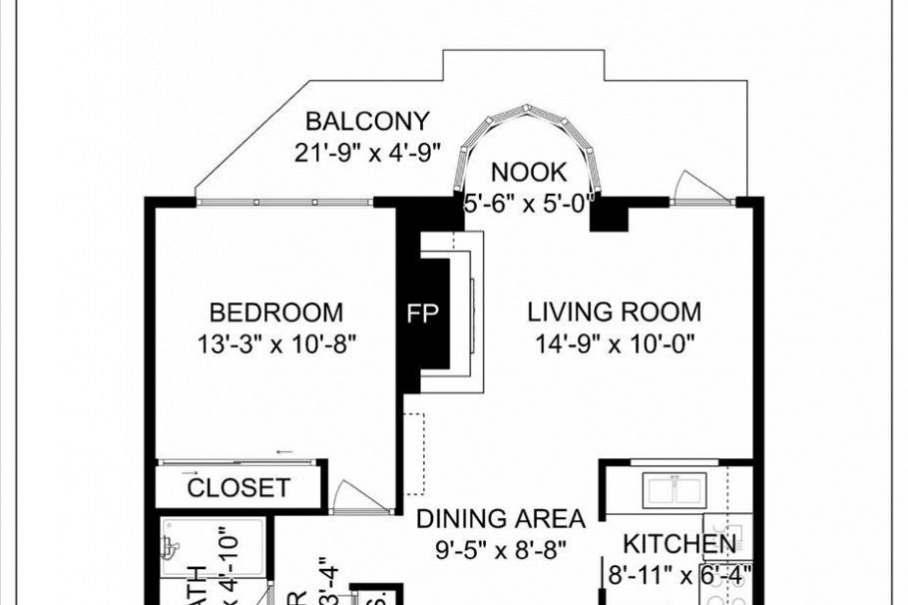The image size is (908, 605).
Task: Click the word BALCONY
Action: pos(367,122)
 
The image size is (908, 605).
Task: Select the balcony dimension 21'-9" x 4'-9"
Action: pos(367,153)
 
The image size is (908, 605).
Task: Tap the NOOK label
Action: pos(529,172)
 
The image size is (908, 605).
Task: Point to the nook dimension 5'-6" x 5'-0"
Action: pos(529,201)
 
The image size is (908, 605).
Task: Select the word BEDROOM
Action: pos(276,312)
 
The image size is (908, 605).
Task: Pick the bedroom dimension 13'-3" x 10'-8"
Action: pos(276,343)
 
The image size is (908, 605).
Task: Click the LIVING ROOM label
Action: pos(614,311)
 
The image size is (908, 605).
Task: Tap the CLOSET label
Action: pos(238,488)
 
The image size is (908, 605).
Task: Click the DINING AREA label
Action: pos(500,519)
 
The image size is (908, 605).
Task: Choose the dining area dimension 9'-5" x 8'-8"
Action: pos(500,549)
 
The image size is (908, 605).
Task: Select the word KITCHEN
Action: pos(680,544)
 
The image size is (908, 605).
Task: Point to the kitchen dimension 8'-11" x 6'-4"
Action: pos(679,574)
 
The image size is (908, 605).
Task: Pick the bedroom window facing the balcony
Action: pos(284,202)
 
